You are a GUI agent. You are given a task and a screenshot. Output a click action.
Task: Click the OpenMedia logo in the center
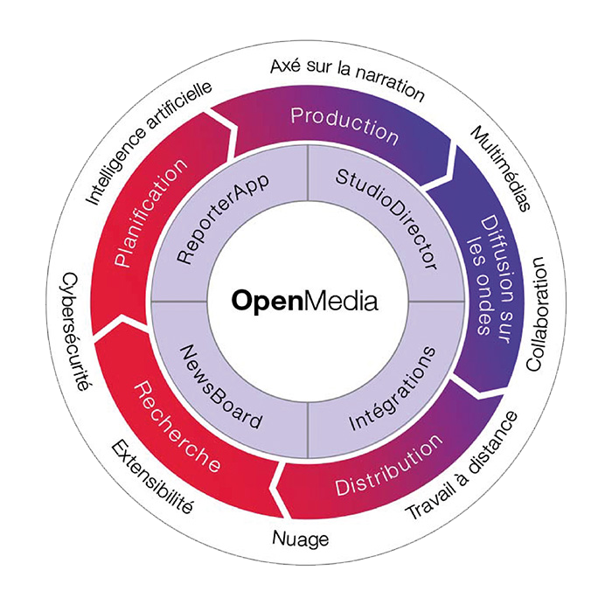point(305,302)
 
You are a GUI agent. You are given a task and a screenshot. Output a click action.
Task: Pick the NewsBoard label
point(220,386)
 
